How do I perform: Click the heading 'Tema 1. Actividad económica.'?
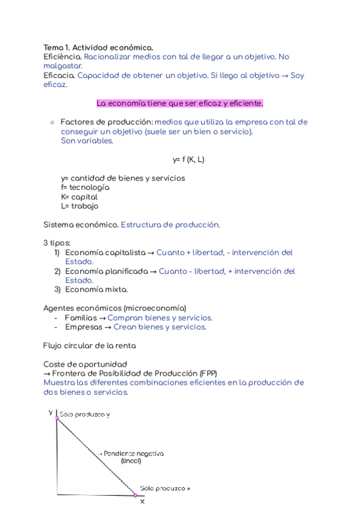(98, 47)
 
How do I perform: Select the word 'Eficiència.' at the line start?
(62, 56)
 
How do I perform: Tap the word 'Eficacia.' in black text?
(59, 76)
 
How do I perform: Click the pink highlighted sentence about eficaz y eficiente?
(180, 103)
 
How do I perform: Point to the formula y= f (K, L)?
(189, 160)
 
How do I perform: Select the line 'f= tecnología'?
(85, 187)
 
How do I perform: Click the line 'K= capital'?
(79, 197)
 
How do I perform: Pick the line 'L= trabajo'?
(80, 206)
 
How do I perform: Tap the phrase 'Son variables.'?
(87, 141)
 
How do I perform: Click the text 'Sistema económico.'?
(80, 224)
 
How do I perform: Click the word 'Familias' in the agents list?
(80, 318)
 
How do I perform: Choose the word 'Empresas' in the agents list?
(83, 327)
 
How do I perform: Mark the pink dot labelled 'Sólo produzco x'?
(136, 495)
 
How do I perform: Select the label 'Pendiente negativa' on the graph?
(134, 454)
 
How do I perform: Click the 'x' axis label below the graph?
(142, 501)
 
